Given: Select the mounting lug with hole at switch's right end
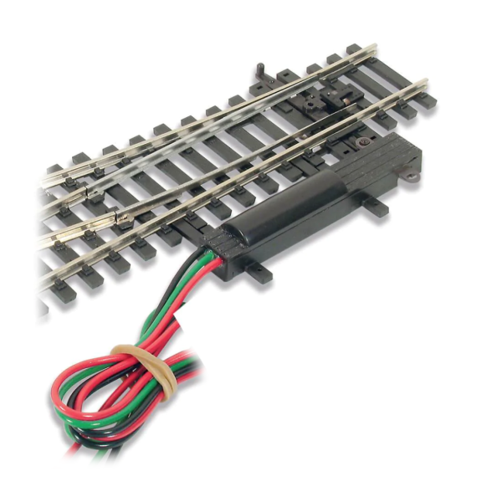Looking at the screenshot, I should point(411,177).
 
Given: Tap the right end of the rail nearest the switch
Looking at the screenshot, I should point(423,83).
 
